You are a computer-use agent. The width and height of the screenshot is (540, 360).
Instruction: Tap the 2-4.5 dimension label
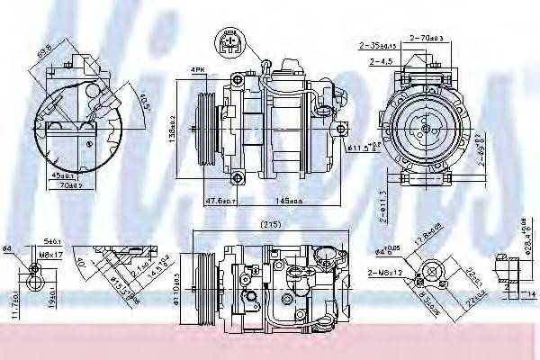[381, 62]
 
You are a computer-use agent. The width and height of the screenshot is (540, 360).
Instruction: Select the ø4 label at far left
[8, 249]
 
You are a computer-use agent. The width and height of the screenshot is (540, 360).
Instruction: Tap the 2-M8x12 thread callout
[385, 271]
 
